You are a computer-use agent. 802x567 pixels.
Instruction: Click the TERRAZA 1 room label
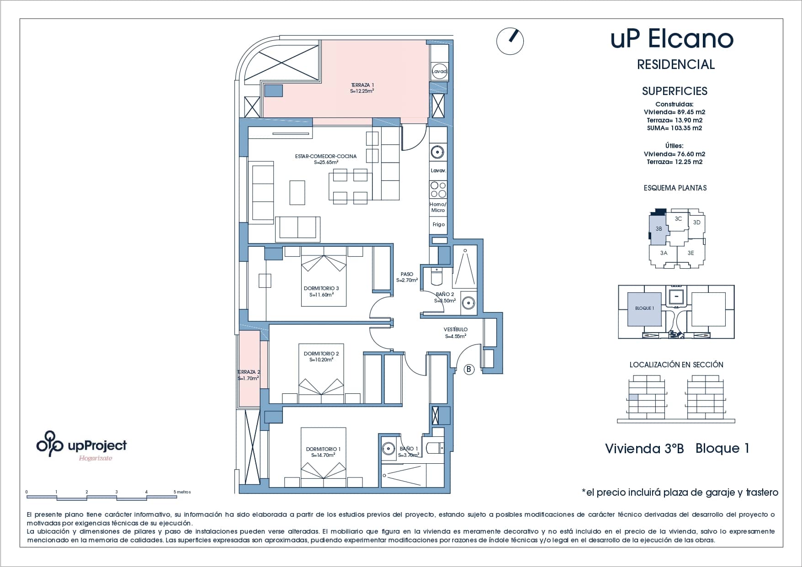362,85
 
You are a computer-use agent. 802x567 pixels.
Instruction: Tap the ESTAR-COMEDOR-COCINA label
326,156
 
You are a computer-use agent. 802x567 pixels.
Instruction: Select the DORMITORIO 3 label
321,288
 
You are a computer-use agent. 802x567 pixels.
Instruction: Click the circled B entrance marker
469,369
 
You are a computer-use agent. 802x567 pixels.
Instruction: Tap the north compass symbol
510,42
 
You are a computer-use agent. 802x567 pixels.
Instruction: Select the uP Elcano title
672,39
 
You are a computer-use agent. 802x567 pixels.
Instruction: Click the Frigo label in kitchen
439,224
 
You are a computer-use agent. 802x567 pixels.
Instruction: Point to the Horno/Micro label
438,207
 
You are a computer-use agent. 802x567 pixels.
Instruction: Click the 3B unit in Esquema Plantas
659,228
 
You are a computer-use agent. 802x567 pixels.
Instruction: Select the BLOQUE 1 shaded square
644,309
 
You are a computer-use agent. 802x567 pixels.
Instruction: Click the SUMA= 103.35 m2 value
675,128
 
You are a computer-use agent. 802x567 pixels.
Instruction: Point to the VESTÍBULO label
456,329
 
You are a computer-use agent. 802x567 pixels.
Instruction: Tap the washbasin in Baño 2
468,302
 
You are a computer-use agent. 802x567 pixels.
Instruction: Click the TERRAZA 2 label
249,372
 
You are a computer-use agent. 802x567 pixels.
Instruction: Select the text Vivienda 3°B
644,448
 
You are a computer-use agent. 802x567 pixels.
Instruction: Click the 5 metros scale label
182,492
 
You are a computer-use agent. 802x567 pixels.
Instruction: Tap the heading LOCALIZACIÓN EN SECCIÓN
676,365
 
